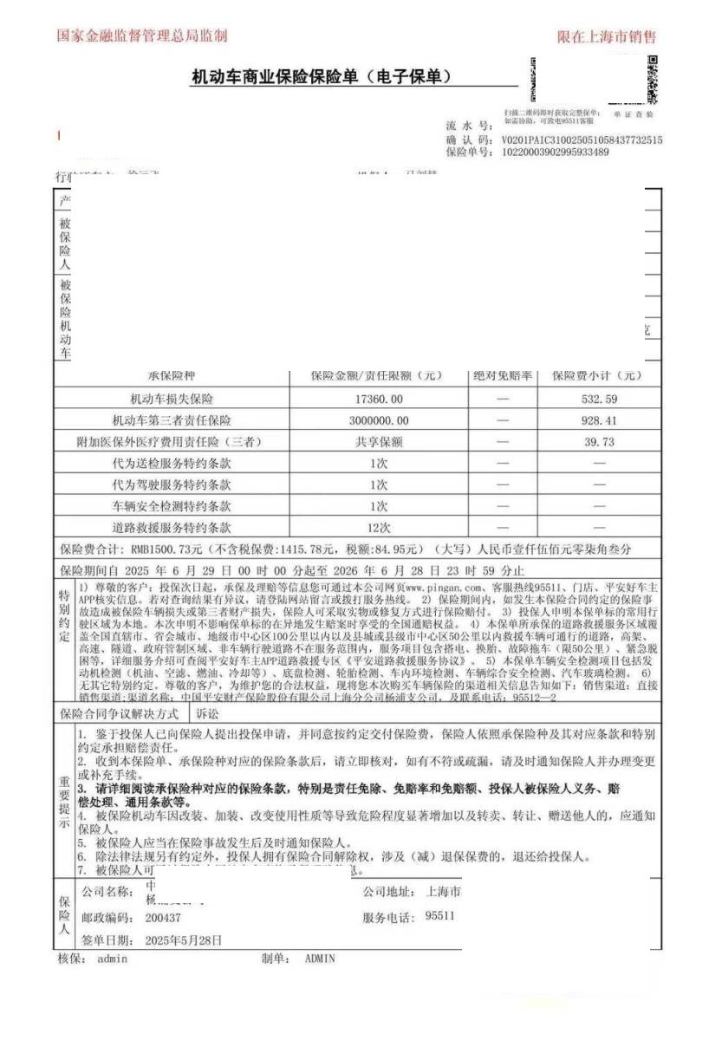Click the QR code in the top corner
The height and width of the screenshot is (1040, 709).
652,79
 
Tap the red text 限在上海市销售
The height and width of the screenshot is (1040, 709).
606,36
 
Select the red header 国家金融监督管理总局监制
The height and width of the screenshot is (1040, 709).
142,36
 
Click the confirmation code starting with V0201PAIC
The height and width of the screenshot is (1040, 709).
582,140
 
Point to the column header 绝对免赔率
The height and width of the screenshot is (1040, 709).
503,376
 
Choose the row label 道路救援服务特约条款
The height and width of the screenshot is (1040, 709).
172,527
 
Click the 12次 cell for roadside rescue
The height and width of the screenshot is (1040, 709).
379,527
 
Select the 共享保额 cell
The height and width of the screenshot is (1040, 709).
379,442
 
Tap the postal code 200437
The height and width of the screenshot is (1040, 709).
164,917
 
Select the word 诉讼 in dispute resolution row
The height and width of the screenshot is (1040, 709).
208,714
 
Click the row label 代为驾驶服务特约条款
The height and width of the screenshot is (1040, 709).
172,484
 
